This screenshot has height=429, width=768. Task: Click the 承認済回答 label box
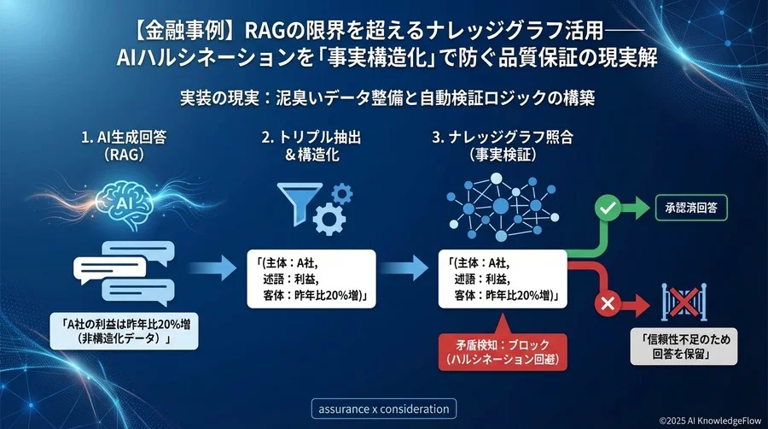click(x=691, y=207)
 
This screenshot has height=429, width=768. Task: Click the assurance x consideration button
click(x=382, y=408)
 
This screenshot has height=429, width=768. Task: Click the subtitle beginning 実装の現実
click(x=383, y=97)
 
